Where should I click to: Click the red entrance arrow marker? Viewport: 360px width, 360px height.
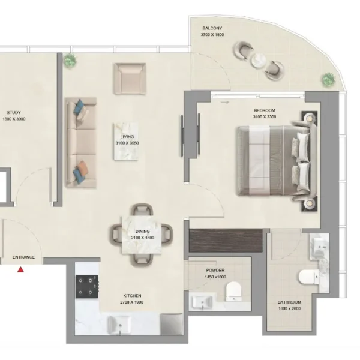point(20,269)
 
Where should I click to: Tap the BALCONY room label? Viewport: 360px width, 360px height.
point(212,28)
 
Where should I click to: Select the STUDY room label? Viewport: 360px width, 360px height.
point(14,113)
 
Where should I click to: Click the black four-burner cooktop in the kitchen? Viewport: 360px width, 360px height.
point(87,287)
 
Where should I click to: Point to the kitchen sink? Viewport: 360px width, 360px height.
point(119,325)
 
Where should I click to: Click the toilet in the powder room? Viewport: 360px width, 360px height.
point(234,292)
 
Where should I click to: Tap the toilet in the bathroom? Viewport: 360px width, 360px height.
point(309,277)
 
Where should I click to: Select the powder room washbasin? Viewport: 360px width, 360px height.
point(203,302)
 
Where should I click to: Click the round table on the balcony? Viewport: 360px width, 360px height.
point(259,61)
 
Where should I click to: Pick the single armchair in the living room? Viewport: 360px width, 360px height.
point(130,79)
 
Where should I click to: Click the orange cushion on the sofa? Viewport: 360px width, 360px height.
point(82,166)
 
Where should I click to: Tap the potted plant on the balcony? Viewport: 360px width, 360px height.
point(328,79)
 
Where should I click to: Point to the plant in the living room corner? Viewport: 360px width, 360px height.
point(70,60)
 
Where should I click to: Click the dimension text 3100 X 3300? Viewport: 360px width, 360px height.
point(265,116)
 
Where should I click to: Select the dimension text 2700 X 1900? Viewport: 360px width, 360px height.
point(131,302)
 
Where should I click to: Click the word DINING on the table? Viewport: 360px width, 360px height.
point(142,232)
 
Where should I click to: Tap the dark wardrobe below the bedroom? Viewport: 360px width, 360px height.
point(226,240)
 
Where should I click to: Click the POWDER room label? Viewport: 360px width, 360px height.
point(215,270)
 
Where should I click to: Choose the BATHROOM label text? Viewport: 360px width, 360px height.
point(289,302)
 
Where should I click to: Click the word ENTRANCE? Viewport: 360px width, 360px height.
point(23,257)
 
